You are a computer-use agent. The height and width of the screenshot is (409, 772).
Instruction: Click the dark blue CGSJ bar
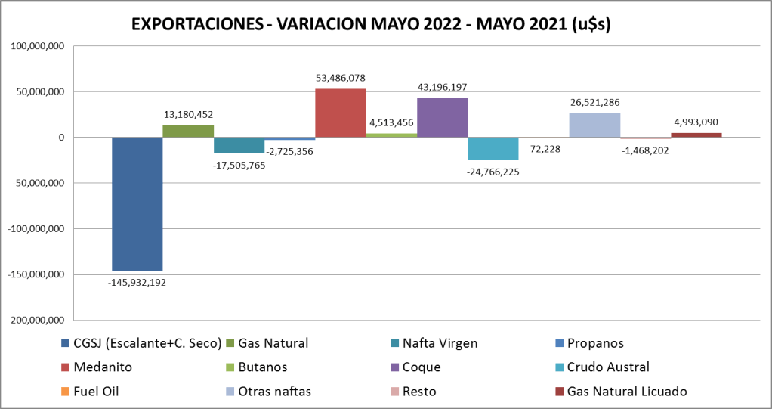point(137,203)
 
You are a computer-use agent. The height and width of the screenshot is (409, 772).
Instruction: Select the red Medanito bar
point(340,113)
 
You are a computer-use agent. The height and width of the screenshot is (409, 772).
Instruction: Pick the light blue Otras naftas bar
point(594,125)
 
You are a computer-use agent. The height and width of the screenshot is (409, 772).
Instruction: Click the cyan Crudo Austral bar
point(493,148)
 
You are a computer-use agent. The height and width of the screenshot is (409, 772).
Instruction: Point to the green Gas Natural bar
point(187,131)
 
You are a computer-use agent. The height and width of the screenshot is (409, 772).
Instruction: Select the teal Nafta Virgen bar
point(239,145)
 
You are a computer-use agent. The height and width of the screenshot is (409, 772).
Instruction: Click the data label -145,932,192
point(137,283)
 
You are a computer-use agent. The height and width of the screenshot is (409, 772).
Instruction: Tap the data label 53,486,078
point(340,78)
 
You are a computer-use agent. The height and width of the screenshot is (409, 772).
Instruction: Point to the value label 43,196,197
point(442,87)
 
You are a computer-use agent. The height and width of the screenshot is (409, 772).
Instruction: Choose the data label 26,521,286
point(594,102)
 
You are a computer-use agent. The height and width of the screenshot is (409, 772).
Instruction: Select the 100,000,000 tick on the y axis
point(36,46)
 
